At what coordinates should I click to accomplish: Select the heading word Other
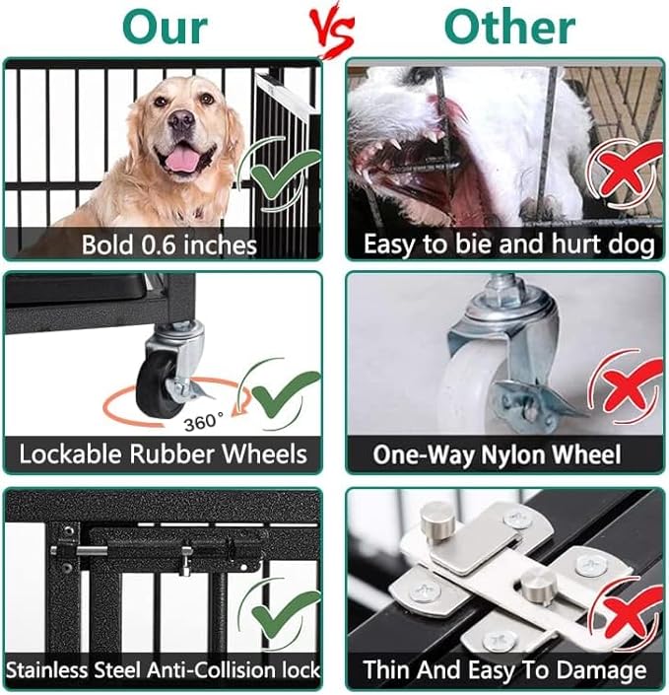tap(509, 28)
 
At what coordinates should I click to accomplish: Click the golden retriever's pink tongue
tap(181, 158)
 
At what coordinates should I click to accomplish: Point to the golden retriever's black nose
tap(180, 120)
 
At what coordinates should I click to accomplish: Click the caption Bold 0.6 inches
tap(168, 243)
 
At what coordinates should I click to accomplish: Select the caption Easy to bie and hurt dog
tap(508, 243)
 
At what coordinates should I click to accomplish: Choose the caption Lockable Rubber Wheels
tap(164, 455)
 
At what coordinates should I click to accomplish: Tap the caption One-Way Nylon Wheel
tap(497, 455)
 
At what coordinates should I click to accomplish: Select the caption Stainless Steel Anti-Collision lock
tap(164, 670)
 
